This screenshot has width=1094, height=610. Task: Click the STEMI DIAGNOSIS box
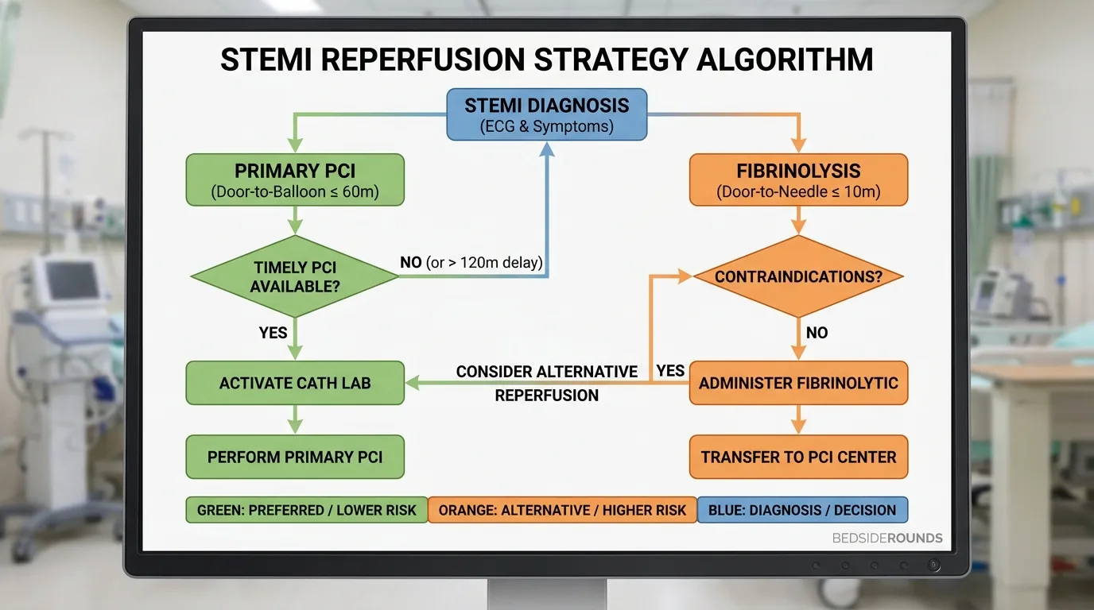coord(547,114)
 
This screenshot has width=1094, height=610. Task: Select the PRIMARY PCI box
coord(295,180)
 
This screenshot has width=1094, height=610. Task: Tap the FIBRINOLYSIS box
coord(798,180)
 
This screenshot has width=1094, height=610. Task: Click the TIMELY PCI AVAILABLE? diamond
coord(295,276)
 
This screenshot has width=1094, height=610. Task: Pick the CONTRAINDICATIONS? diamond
coord(798,276)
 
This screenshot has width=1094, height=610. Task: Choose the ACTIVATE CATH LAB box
coord(295,383)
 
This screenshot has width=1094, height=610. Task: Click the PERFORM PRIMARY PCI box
coord(295,457)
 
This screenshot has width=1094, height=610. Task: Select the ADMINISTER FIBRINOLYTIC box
coord(798,383)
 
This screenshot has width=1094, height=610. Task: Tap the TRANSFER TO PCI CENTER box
coord(798,457)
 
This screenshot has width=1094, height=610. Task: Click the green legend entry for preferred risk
coord(307,510)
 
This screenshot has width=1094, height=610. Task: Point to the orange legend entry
coord(562,510)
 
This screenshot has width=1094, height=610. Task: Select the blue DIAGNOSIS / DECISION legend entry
coord(802,510)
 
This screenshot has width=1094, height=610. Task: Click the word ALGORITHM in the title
coord(785,60)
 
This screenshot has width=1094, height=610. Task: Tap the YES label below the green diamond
coord(273,333)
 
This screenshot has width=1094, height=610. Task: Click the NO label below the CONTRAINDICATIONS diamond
coord(817,333)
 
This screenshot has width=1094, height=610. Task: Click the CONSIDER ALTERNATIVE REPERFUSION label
coord(547,384)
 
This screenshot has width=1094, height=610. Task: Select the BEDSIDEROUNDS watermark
coord(887,539)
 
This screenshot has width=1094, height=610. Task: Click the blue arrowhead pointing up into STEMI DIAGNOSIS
coord(547,149)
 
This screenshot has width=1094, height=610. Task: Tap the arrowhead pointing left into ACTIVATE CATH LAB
coord(413,383)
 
